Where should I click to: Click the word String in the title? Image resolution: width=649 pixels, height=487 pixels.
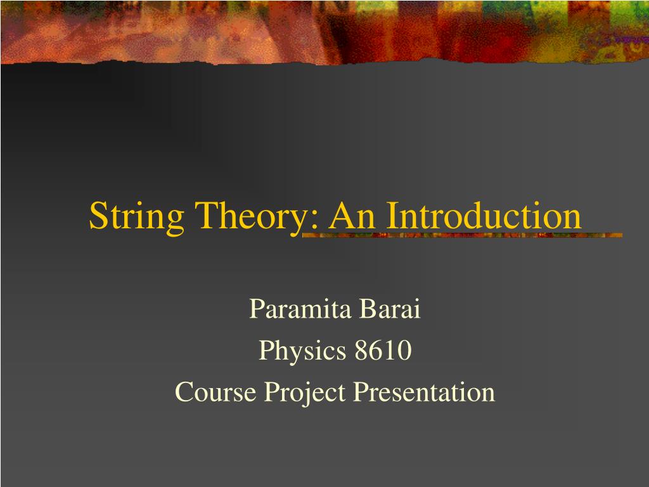(x=137, y=217)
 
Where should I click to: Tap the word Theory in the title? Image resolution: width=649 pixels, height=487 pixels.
(x=255, y=217)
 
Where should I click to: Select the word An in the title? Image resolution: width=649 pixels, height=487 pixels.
(x=352, y=216)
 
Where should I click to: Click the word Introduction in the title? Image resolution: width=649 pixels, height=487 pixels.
(x=484, y=216)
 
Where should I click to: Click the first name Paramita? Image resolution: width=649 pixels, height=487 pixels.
(x=300, y=309)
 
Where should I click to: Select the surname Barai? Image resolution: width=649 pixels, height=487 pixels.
(x=390, y=309)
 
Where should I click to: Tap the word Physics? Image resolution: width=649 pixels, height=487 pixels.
(x=302, y=352)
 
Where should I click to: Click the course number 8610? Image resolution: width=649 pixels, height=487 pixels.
(x=383, y=350)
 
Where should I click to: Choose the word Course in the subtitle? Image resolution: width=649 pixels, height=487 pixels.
(x=215, y=392)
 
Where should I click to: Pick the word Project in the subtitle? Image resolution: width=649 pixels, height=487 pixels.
(x=305, y=393)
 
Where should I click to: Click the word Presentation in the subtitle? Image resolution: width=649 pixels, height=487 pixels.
(x=424, y=392)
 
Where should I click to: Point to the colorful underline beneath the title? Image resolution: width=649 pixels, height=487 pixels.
(x=462, y=235)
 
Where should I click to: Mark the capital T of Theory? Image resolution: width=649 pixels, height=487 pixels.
(x=205, y=216)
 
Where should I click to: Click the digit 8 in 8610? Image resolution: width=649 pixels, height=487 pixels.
(x=361, y=350)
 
